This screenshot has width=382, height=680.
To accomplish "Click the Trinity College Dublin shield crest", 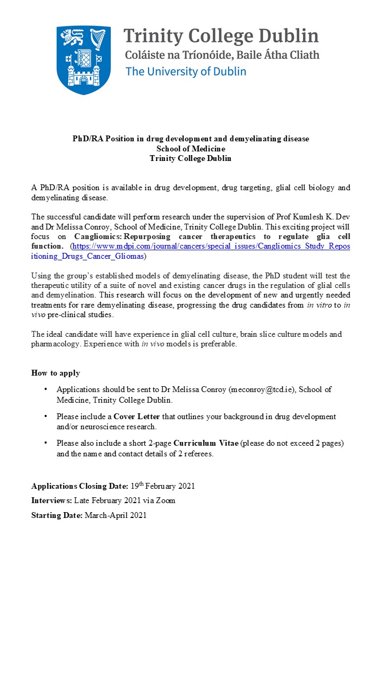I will coord(83,60).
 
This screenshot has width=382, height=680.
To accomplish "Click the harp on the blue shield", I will coord(98,40).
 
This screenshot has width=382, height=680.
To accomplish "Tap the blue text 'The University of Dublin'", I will coord(186,71).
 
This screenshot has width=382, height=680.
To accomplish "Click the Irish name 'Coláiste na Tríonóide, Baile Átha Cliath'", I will coord(222,54).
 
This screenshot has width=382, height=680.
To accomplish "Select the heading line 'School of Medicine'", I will coord(190,149).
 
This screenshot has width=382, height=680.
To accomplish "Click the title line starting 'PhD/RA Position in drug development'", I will coord(190,139).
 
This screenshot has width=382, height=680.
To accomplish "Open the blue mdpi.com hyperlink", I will coord(211,246).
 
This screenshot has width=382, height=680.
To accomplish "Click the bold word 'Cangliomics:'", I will coord(98,236).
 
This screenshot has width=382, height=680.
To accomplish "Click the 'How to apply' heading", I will coord(56,373).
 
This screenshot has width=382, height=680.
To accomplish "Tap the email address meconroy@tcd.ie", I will coord(262,389).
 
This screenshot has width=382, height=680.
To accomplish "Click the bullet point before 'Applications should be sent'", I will coord(46,389).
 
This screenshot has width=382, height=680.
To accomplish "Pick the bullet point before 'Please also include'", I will coord(46,443).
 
